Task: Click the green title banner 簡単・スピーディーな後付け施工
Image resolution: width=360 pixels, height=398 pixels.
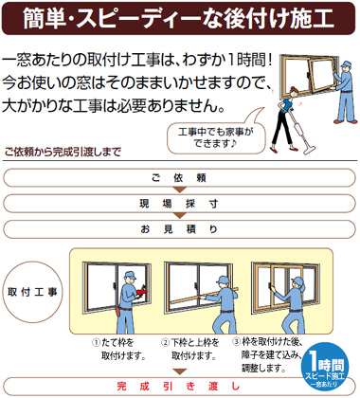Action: (180, 17)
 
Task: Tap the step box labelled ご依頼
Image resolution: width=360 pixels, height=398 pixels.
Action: (180, 178)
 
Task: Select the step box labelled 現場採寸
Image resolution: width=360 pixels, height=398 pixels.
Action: (180, 204)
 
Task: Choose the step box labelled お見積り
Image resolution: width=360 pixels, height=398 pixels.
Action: (180, 229)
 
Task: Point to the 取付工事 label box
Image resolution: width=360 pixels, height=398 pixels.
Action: (32, 292)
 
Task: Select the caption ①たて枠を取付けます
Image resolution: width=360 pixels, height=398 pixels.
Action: (117, 349)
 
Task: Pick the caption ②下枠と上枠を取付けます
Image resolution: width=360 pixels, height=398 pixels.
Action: (189, 349)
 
